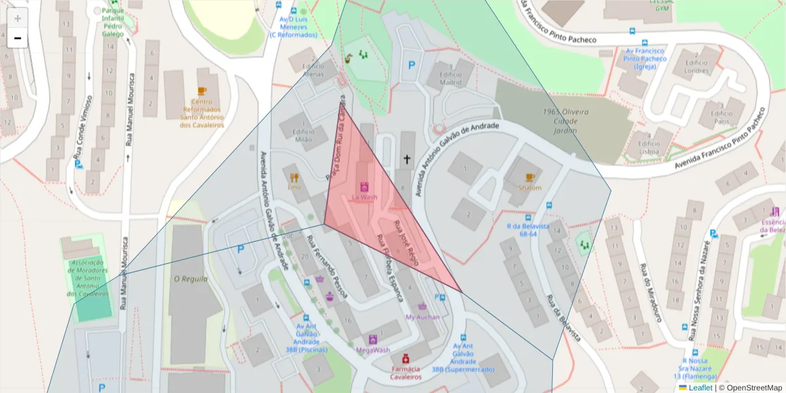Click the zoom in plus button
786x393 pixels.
click(x=18, y=18)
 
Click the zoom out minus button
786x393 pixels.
click(x=18, y=39)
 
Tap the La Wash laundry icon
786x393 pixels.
click(x=365, y=186)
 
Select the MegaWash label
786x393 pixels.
click(x=373, y=350)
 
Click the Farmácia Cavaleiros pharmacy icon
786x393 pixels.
click(x=405, y=358)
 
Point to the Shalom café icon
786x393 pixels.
click(x=530, y=177)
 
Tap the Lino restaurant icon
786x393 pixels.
click(x=294, y=177)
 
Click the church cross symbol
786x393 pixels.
click(x=407, y=159)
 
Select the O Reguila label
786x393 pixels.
click(x=190, y=279)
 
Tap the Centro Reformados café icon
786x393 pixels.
click(x=202, y=91)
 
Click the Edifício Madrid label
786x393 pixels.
click(x=450, y=79)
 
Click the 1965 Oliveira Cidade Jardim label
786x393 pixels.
click(x=566, y=121)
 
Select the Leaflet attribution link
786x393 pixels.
click(x=700, y=388)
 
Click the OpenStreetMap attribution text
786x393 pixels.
click(x=751, y=388)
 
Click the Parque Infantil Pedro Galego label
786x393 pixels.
click(x=113, y=22)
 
